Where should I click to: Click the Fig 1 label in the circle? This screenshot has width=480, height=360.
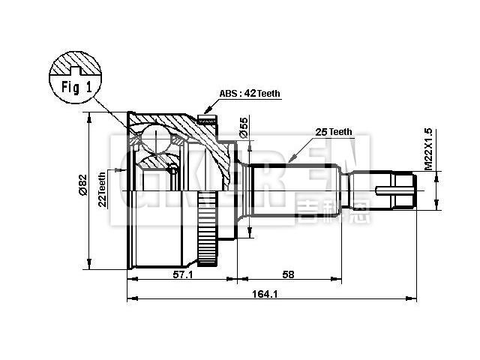point(75,86)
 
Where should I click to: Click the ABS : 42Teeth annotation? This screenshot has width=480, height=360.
point(250,94)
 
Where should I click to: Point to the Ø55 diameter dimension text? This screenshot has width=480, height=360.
point(244,127)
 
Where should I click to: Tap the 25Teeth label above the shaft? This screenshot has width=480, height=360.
point(333,132)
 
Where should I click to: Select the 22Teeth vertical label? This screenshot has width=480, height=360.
point(102,188)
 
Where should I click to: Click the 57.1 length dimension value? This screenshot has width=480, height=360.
point(183,275)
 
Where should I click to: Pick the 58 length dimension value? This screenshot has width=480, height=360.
point(289,275)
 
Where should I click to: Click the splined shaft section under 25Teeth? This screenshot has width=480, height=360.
point(300,188)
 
